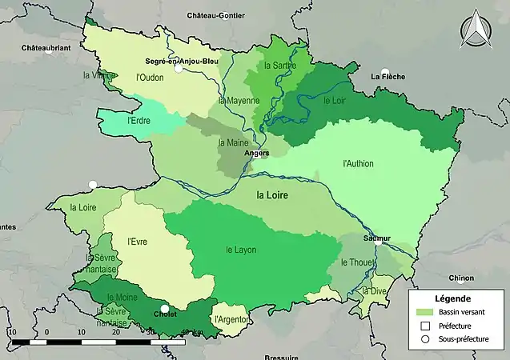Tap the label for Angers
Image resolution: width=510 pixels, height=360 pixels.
[x=257, y=153]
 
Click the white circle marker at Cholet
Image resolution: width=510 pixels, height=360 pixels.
[x=165, y=309]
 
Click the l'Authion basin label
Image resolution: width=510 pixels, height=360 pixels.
[x=358, y=164]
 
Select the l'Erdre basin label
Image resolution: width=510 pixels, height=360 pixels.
[x=140, y=121]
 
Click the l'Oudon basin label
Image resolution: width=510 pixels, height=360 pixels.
[x=151, y=78]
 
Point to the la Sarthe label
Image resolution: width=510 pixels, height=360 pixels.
[x=279, y=65]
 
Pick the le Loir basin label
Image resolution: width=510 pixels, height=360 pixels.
[x=334, y=101]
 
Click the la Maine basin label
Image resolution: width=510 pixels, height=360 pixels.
[x=232, y=142]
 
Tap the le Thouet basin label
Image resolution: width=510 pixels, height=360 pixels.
[x=355, y=262]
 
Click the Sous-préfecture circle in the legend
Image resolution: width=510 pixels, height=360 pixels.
[x=424, y=339]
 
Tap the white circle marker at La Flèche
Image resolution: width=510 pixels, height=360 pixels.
[x=385, y=71]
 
